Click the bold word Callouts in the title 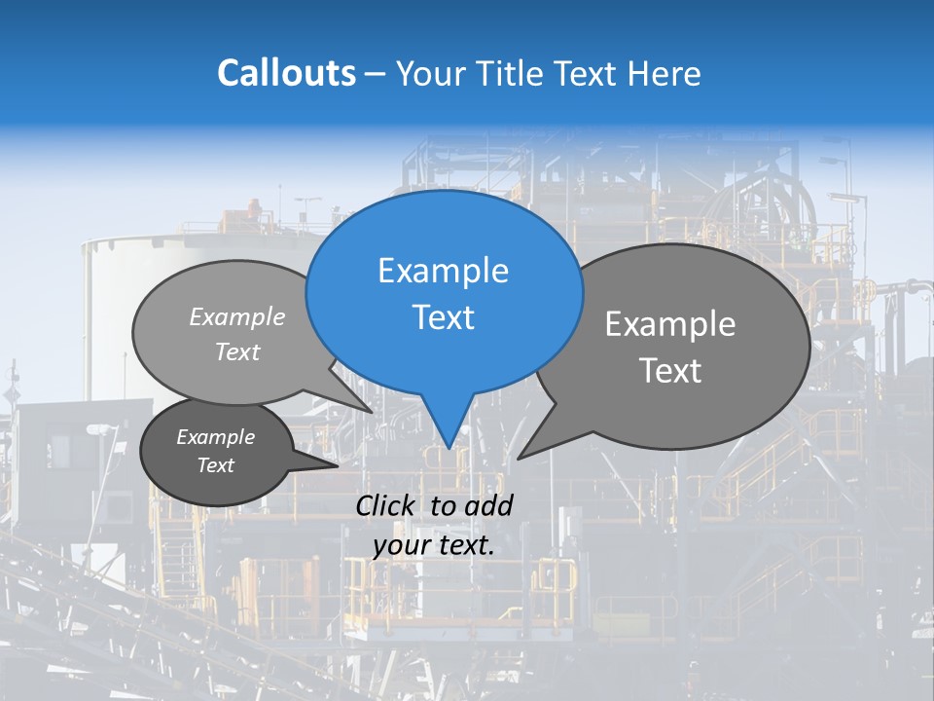tap(286, 73)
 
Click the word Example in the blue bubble tap(443, 271)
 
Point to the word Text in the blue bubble tap(444, 317)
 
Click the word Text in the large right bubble tap(670, 371)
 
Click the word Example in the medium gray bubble tap(237, 316)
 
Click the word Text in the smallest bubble tap(216, 465)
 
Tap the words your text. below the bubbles tap(433, 546)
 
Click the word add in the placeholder tap(487, 505)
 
